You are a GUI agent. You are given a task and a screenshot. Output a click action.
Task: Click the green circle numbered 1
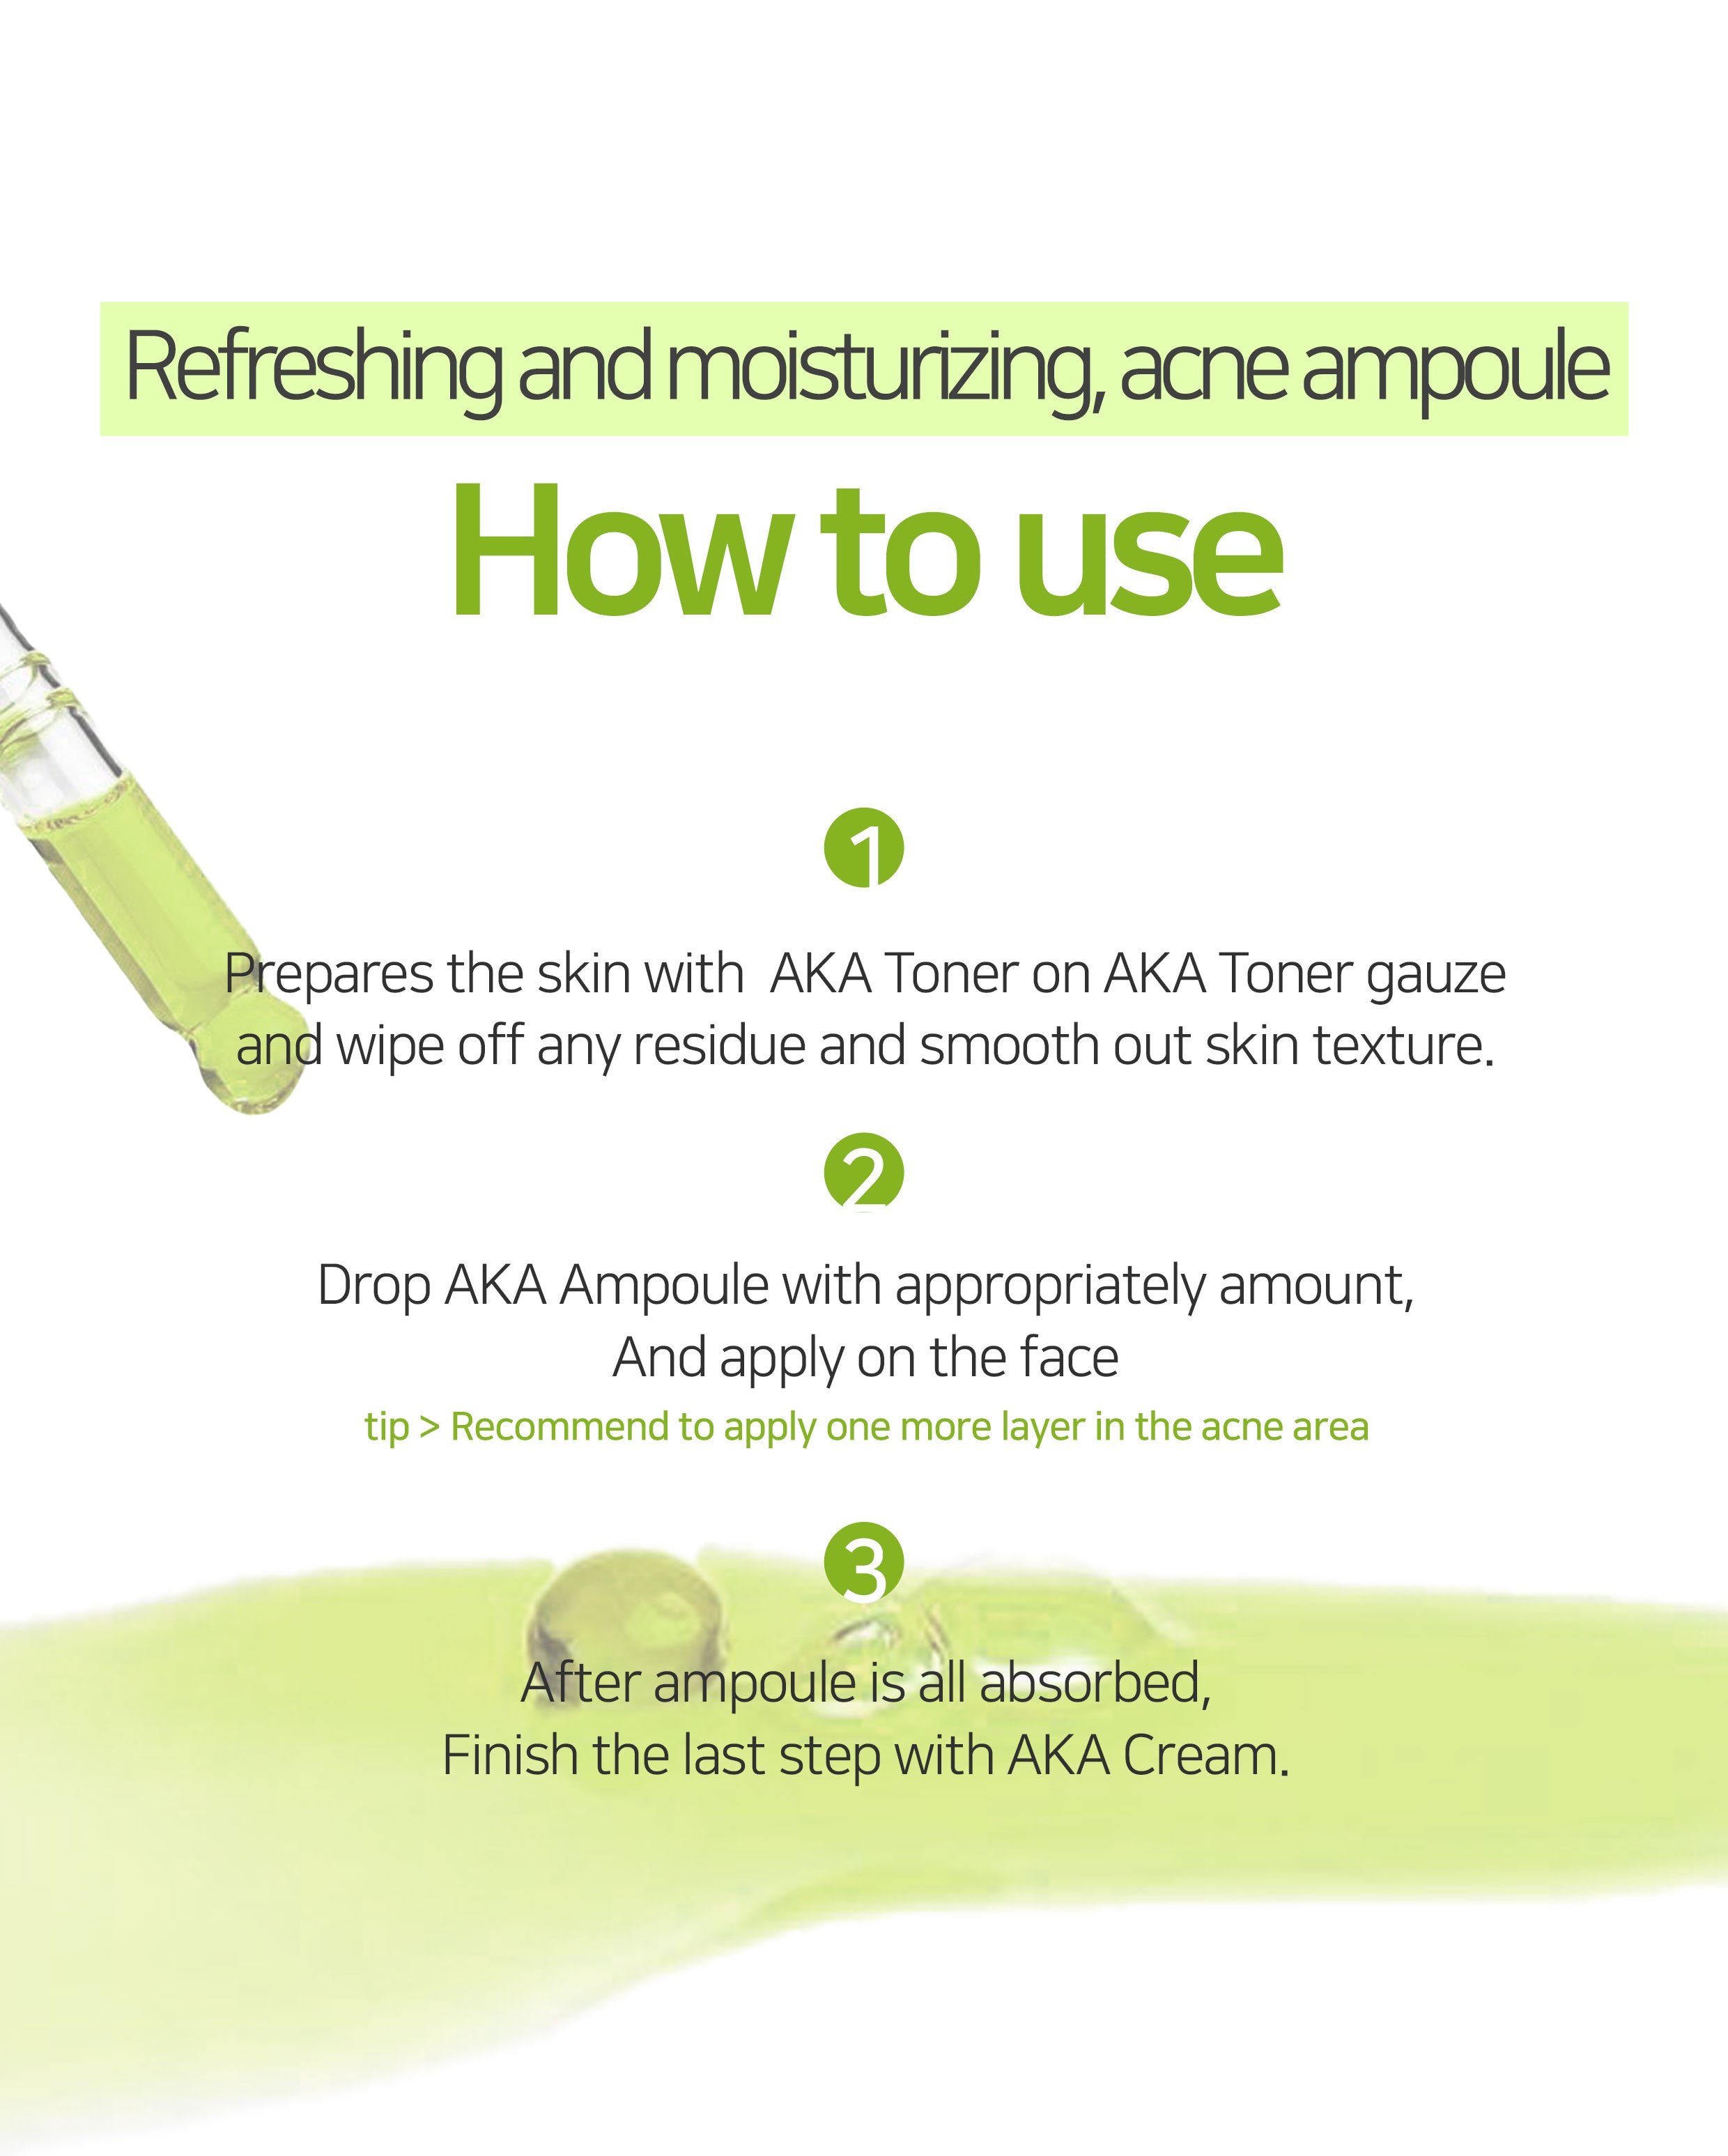(863, 848)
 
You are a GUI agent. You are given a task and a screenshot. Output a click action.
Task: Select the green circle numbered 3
(863, 1562)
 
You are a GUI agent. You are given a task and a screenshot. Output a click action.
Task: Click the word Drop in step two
(374, 1286)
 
